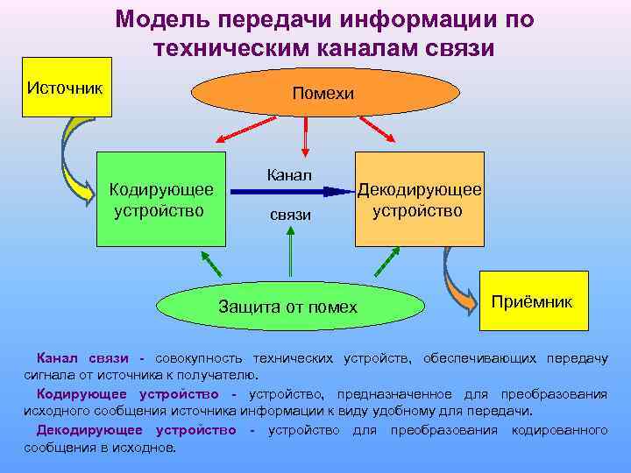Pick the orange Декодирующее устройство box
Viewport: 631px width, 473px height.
coord(418,199)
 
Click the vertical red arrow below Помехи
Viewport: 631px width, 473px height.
coord(305,138)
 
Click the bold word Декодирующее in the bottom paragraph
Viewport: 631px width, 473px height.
coord(89,430)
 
